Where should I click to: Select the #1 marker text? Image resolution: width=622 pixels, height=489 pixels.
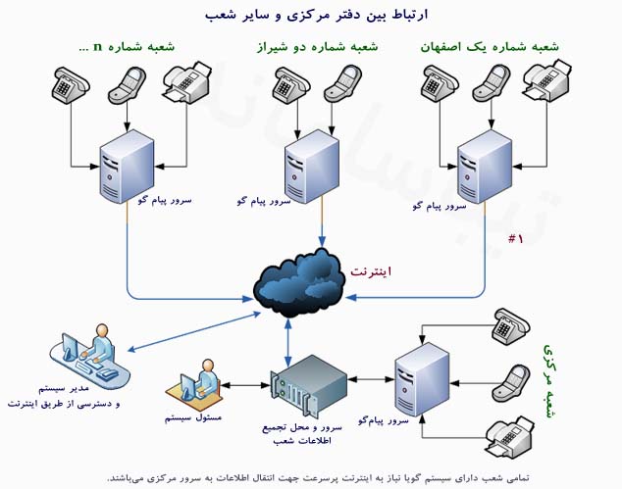click(x=515, y=239)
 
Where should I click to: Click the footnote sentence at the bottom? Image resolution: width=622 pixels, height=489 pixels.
click(x=311, y=475)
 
